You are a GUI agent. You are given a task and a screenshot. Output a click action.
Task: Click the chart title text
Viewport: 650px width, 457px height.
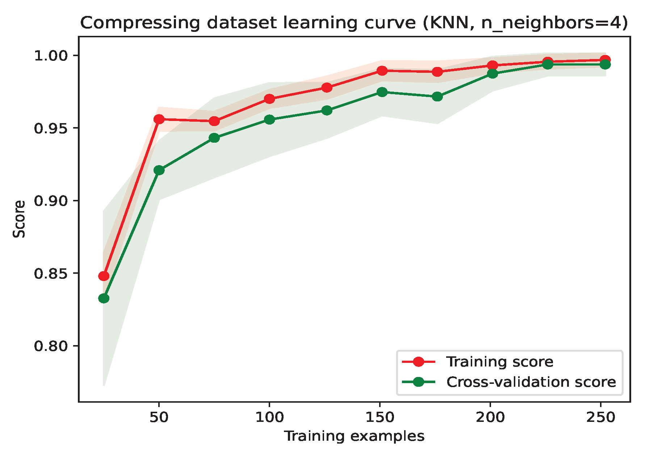(x=353, y=23)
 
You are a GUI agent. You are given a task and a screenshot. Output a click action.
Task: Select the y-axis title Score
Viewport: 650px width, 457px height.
(x=19, y=219)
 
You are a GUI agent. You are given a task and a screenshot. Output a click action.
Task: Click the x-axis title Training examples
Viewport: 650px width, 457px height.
(x=354, y=436)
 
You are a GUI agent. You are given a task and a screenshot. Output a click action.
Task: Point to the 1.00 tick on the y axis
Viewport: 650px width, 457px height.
(x=51, y=56)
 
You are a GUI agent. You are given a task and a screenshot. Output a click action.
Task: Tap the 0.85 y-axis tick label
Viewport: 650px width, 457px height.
(x=51, y=273)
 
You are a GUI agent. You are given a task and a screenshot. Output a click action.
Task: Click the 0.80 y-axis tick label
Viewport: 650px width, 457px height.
(x=51, y=346)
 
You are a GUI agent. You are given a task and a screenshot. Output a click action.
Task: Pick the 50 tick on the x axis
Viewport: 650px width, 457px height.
(x=159, y=417)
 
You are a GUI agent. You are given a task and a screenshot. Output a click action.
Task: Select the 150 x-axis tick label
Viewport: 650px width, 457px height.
(x=379, y=417)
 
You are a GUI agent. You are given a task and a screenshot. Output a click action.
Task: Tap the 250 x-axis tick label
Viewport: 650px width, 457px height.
(x=601, y=417)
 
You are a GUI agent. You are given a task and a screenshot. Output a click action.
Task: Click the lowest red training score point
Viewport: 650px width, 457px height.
(x=104, y=276)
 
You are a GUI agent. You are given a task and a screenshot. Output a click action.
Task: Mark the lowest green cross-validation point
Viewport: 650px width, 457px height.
(x=104, y=298)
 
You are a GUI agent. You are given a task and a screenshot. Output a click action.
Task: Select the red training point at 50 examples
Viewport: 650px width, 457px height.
(x=159, y=119)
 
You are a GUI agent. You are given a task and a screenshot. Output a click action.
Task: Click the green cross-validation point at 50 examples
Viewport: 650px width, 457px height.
(x=159, y=170)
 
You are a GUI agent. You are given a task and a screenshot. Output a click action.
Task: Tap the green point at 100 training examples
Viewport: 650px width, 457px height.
(x=269, y=120)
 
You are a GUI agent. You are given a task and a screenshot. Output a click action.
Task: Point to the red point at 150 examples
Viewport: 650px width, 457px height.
(x=382, y=71)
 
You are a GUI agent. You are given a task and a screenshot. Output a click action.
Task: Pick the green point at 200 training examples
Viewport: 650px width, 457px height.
(x=492, y=74)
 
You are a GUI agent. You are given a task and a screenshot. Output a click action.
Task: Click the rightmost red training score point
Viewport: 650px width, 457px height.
(x=605, y=60)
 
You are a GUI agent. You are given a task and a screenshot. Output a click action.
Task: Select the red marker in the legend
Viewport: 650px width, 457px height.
(x=419, y=362)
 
